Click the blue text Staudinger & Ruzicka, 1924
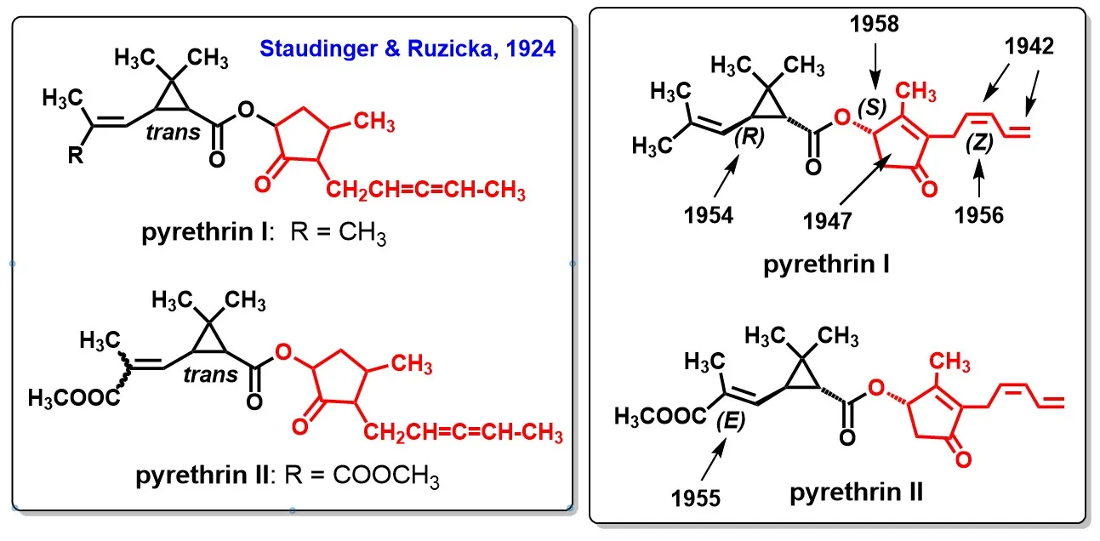[408, 48]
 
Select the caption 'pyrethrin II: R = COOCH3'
[288, 476]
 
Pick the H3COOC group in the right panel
[656, 416]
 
